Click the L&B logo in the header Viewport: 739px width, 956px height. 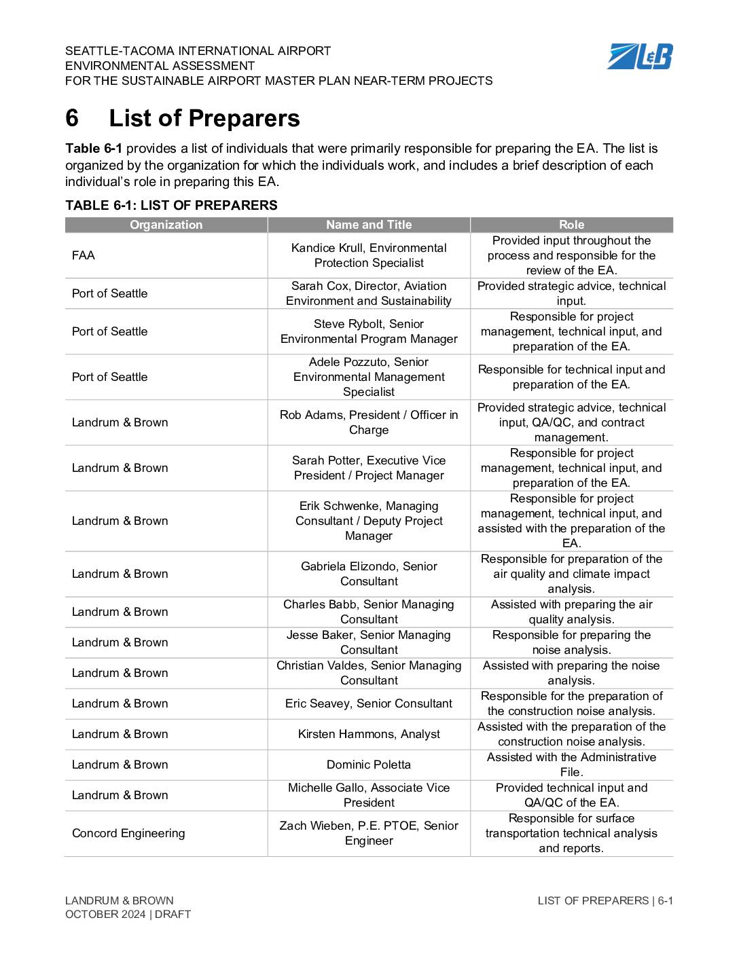coord(639,56)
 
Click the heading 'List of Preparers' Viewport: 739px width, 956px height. coord(204,118)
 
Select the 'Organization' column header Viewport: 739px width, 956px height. coord(166,225)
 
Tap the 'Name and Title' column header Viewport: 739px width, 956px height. coord(369,225)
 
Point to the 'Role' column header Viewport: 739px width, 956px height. coord(571,225)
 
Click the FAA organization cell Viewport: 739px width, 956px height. coord(84,255)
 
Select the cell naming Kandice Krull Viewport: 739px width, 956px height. coord(369,255)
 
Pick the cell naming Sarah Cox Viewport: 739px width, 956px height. coord(369,293)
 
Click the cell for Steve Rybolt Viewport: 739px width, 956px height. coord(369,331)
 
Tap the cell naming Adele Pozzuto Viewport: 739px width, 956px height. coord(369,377)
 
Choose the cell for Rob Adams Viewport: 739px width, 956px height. coord(369,422)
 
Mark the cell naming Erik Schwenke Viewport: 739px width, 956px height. coord(369,521)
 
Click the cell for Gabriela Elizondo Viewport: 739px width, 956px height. coord(369,574)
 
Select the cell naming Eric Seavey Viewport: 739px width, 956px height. coord(369,703)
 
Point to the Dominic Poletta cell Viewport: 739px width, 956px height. coord(369,765)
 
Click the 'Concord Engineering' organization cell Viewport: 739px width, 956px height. coord(128,833)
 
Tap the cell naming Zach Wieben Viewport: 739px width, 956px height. coord(369,833)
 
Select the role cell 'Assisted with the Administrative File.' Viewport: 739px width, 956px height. coord(571,765)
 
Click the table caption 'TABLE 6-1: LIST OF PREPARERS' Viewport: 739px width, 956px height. coord(171,205)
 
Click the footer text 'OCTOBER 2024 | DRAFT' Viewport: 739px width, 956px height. coord(128,914)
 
